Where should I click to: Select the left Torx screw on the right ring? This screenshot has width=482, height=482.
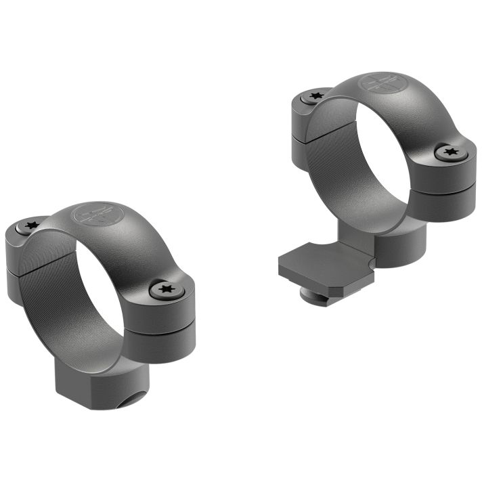(x=314, y=97)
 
